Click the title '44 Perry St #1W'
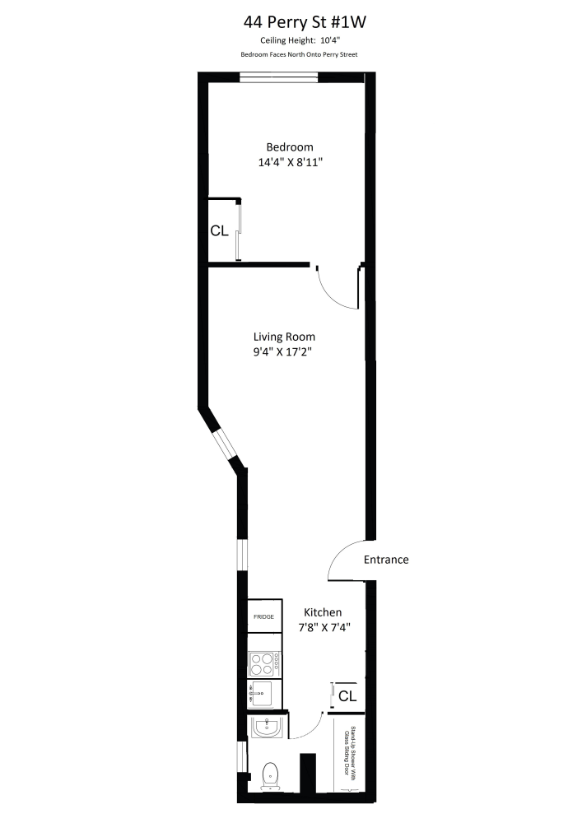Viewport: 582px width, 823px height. [x=291, y=22]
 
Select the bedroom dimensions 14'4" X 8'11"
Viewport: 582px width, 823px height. [x=289, y=162]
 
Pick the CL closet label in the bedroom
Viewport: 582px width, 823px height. [x=219, y=231]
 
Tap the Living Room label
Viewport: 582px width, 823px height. [x=284, y=337]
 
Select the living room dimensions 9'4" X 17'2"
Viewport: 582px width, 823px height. [x=284, y=352]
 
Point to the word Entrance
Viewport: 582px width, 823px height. [x=386, y=560]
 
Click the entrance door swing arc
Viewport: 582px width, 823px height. [x=344, y=559]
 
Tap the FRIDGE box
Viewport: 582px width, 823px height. [x=263, y=616]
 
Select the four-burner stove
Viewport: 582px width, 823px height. [x=265, y=663]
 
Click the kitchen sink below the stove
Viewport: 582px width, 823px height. [x=263, y=694]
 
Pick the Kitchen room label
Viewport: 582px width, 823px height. [x=323, y=612]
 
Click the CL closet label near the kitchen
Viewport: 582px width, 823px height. [x=347, y=696]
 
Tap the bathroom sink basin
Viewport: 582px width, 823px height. [x=268, y=728]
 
